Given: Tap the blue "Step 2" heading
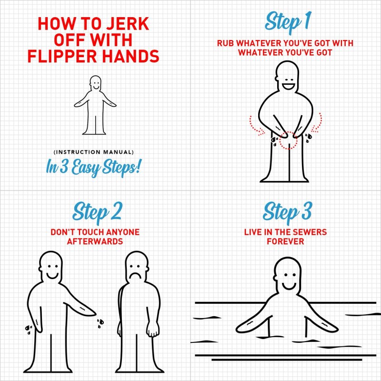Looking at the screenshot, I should pos(97,213).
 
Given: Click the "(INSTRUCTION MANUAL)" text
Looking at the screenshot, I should pos(93,152).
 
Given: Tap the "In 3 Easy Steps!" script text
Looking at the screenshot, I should pos(93,168).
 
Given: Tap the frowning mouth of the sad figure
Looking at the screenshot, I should pos(136,277).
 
